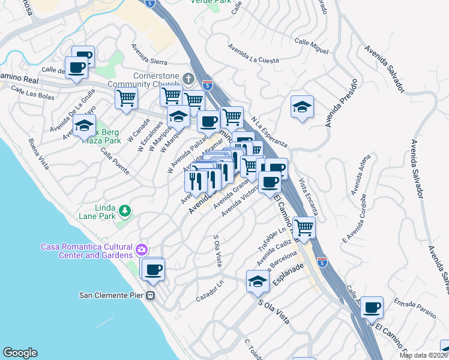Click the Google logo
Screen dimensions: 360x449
(x=20, y=353)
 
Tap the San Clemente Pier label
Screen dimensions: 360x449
(x=112, y=295)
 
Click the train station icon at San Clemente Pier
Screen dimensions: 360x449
(x=151, y=295)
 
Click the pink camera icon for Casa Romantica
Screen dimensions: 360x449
(x=141, y=249)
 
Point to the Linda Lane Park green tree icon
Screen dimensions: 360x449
(x=124, y=211)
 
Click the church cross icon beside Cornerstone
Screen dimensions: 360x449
(x=188, y=79)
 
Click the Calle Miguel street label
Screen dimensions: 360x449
(x=312, y=46)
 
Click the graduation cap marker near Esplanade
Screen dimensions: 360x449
(x=258, y=281)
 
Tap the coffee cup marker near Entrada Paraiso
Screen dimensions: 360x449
(x=372, y=307)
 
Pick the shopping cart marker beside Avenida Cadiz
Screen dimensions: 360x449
(x=304, y=227)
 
